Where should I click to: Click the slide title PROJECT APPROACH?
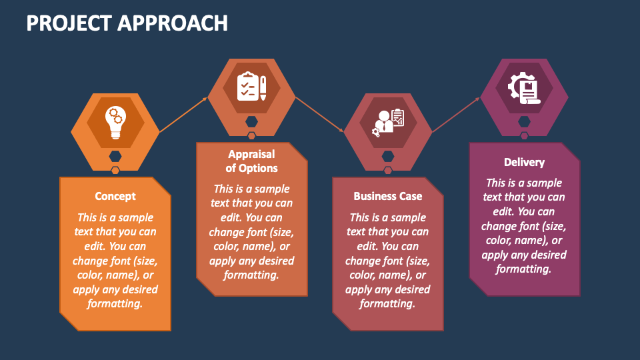coord(127,23)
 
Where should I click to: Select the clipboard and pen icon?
coord(251,86)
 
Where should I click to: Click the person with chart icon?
coord(388,122)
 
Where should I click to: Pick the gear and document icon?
coord(524,87)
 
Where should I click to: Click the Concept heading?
coord(115,196)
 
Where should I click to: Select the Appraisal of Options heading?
coord(251,161)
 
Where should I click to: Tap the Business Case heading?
coord(388,196)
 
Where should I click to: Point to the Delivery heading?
coord(524,163)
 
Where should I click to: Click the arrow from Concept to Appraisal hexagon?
coord(183,115)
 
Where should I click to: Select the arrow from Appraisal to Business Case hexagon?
coord(319,114)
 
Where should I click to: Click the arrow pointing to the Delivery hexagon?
coord(456,115)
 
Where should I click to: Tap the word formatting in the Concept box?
coord(115,304)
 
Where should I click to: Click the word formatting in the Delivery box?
coord(524,269)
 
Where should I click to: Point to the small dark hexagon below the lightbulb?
coord(115,156)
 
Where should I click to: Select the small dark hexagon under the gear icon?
coord(524,121)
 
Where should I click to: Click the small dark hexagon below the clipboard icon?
coord(251,121)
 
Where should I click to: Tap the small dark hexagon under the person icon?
coord(388,156)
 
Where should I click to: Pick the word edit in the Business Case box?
coord(367,246)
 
